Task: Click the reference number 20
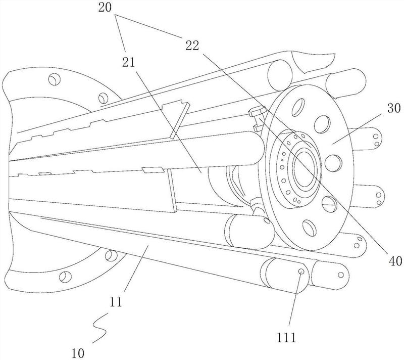point(105,8)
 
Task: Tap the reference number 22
point(192,46)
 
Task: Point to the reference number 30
point(394,108)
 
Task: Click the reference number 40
point(394,261)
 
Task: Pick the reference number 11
point(116,302)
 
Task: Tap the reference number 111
point(286,337)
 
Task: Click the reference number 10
point(78,353)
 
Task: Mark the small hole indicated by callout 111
point(301,271)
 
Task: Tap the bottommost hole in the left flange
point(65,277)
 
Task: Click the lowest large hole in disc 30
point(310,228)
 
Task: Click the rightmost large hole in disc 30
point(333,163)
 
